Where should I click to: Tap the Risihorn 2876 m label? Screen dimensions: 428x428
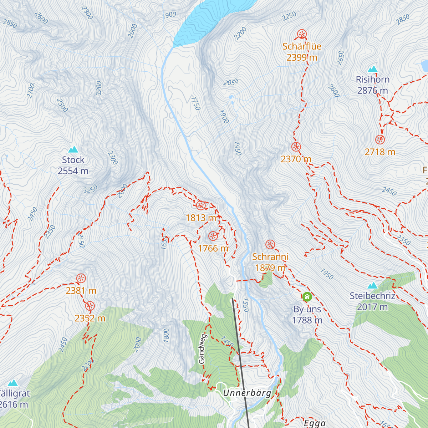(x=372, y=85)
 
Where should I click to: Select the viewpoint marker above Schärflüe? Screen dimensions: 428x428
(x=302, y=35)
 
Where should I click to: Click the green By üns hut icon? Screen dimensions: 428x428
(x=307, y=297)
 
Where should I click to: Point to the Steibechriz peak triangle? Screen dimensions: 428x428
(x=372, y=285)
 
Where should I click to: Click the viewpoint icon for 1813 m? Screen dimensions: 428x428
(x=200, y=205)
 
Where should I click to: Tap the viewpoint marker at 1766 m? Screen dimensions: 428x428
(x=213, y=236)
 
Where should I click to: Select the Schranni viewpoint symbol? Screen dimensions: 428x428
(x=270, y=245)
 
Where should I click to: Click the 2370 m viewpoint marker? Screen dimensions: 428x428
(x=296, y=147)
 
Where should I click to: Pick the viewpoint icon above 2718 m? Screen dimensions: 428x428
(x=380, y=140)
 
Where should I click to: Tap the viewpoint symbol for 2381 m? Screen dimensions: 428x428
(x=81, y=279)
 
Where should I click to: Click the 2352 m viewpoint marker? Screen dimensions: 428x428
(x=90, y=306)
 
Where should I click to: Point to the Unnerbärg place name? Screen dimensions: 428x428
(x=247, y=393)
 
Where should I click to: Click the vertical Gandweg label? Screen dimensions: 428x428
(x=202, y=349)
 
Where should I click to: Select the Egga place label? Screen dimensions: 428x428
(x=315, y=423)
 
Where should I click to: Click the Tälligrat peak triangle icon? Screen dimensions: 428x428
(x=13, y=383)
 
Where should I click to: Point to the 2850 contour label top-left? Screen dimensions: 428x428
(x=10, y=24)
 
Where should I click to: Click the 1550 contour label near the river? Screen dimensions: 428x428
(x=245, y=305)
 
